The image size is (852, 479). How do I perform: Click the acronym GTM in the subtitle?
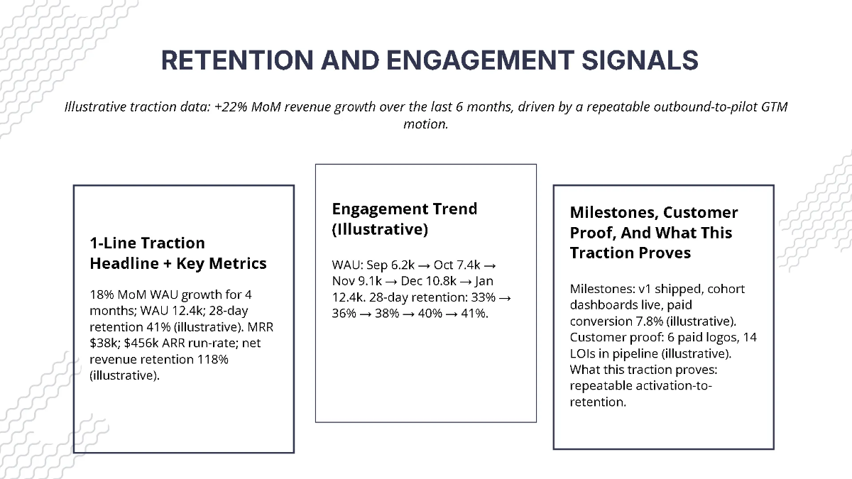click(773, 107)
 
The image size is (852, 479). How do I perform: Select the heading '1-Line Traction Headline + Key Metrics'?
click(177, 253)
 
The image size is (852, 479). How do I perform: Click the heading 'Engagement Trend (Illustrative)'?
click(404, 219)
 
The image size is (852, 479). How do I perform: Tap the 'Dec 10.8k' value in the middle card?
click(424, 281)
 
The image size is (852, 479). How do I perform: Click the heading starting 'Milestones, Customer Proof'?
click(654, 233)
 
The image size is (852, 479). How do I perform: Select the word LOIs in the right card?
click(584, 353)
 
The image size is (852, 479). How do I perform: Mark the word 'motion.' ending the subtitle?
click(426, 123)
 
